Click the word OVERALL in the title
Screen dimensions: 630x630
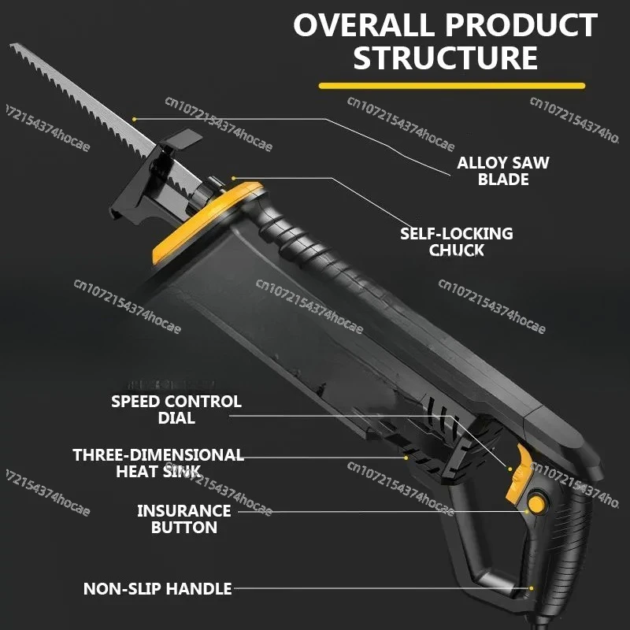point(365,25)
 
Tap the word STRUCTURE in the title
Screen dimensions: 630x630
point(445,57)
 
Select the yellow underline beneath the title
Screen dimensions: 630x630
point(451,86)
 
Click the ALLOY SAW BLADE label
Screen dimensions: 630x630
point(503,171)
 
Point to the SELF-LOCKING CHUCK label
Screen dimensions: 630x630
point(457,242)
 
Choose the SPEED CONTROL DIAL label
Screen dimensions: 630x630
point(176,409)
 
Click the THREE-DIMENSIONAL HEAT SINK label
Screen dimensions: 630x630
point(158,463)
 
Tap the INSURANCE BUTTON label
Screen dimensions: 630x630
point(184,519)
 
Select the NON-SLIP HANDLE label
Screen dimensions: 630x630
point(157,588)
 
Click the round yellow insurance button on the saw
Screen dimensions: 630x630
point(536,504)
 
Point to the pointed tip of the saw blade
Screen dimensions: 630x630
point(11,45)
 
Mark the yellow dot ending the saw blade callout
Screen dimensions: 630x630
point(134,120)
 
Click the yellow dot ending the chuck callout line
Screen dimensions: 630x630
point(234,178)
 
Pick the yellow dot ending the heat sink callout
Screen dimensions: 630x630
point(406,458)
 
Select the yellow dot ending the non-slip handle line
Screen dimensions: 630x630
point(531,588)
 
